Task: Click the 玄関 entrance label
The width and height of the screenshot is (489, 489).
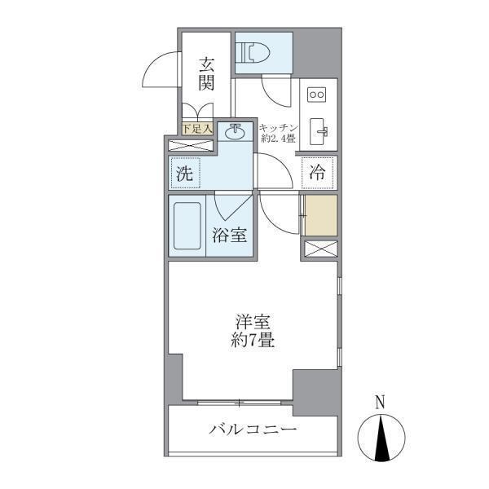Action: (207, 73)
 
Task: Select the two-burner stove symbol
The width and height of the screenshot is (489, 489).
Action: (316, 95)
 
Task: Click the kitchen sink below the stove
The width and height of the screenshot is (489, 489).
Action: (318, 129)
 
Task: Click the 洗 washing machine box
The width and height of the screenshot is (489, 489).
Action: (185, 173)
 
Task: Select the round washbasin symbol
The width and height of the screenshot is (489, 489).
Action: (236, 130)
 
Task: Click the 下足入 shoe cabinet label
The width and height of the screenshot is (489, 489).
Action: (196, 128)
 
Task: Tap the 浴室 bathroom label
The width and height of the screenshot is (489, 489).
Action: (231, 236)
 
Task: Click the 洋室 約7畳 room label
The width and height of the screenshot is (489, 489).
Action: (251, 330)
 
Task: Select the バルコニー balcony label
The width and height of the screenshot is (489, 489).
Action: (252, 429)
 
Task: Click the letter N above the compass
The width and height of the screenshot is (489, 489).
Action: (380, 401)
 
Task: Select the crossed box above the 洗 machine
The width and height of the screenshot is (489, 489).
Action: (192, 146)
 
